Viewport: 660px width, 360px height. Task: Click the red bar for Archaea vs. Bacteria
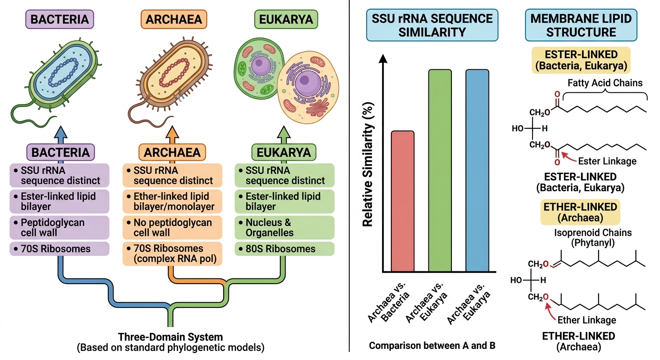[x=403, y=201]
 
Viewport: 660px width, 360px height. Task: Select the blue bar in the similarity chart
[x=477, y=171]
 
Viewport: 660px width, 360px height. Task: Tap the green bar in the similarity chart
[x=440, y=171]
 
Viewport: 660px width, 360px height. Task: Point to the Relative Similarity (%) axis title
[x=368, y=164]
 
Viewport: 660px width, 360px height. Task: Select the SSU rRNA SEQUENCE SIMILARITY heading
[x=432, y=25]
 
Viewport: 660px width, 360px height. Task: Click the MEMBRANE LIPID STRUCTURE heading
[x=581, y=25]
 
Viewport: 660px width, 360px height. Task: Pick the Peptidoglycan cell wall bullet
[x=60, y=227]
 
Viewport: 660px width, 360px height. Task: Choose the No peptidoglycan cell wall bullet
[x=172, y=227]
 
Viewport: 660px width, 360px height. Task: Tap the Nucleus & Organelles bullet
[x=285, y=227]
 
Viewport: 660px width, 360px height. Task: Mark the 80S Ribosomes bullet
[x=285, y=248]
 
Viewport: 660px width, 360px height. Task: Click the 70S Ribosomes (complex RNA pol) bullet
[x=172, y=254]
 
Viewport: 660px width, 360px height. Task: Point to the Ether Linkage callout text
[x=586, y=320]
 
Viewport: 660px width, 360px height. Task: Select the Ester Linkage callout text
[x=607, y=161]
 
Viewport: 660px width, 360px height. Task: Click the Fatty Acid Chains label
[x=605, y=83]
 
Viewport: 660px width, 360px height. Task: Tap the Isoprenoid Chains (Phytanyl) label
[x=593, y=238]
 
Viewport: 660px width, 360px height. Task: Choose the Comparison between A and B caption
[x=432, y=345]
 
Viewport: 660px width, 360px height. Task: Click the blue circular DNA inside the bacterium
[x=63, y=73]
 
